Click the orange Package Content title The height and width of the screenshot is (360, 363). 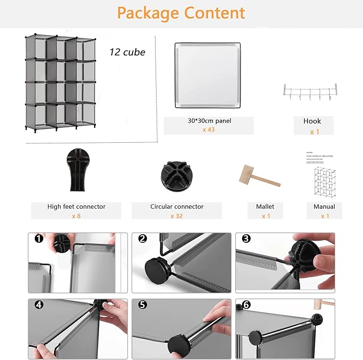[x=181, y=13]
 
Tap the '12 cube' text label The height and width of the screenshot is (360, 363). [x=127, y=52]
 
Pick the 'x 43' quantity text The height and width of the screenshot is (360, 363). [x=208, y=129]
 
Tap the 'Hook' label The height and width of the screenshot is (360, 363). [x=312, y=121]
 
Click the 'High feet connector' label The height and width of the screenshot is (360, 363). [x=76, y=206]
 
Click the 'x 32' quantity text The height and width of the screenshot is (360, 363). [x=176, y=216]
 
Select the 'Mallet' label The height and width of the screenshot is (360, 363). [x=266, y=206]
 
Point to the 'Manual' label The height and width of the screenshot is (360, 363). [x=325, y=206]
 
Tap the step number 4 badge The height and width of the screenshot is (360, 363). [x=39, y=305]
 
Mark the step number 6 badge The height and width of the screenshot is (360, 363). [x=246, y=305]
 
